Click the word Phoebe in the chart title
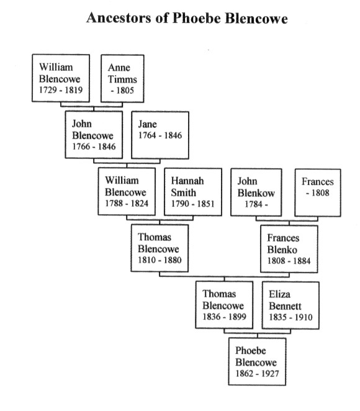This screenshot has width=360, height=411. coord(196,19)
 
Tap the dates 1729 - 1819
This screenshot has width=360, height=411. coord(61,90)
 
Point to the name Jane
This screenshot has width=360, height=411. coord(148,124)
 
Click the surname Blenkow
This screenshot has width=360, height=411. coord(256,193)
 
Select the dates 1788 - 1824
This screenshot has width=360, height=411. coord(127,204)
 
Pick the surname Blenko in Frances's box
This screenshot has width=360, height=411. coord(282,250)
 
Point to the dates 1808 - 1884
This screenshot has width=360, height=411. coord(289,261)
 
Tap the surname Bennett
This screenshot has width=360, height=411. coord(285,306)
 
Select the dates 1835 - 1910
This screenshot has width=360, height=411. coord(290,317)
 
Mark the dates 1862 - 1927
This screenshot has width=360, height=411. coord(257,374)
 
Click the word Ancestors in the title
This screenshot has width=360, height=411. coord(119,18)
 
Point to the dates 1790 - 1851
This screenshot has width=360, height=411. coord(192,204)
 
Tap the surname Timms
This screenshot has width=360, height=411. coord(122,79)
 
